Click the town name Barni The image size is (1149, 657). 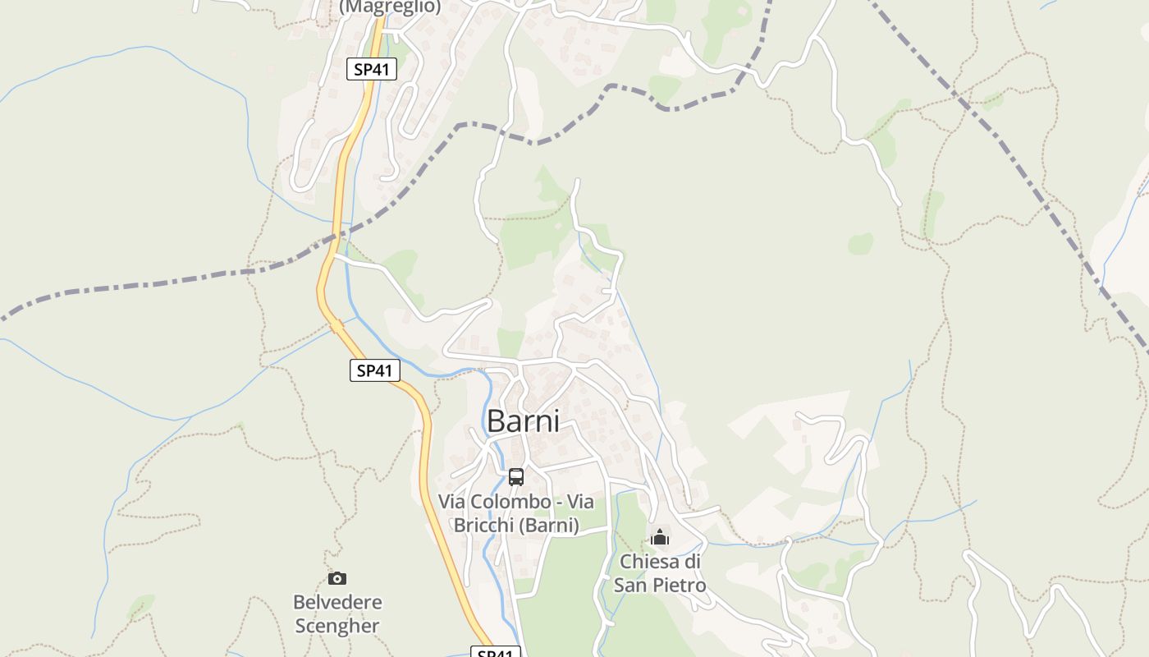tap(523, 421)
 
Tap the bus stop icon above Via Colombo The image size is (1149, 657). tap(516, 476)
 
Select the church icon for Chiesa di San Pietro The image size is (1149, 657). tap(660, 538)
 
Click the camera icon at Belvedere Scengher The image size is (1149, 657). tap(337, 578)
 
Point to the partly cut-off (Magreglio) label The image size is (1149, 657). tap(390, 7)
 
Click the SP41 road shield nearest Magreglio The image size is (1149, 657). tap(372, 70)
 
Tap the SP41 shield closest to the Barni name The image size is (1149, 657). tap(375, 370)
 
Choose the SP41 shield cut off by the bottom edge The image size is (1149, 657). tap(496, 652)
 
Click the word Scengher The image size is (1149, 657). tap(337, 626)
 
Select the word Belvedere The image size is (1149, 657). tap(337, 602)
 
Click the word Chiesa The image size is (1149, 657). tap(650, 562)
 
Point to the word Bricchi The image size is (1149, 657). tap(485, 526)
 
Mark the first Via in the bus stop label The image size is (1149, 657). tap(453, 502)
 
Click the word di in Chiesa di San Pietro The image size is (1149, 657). tap(693, 562)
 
